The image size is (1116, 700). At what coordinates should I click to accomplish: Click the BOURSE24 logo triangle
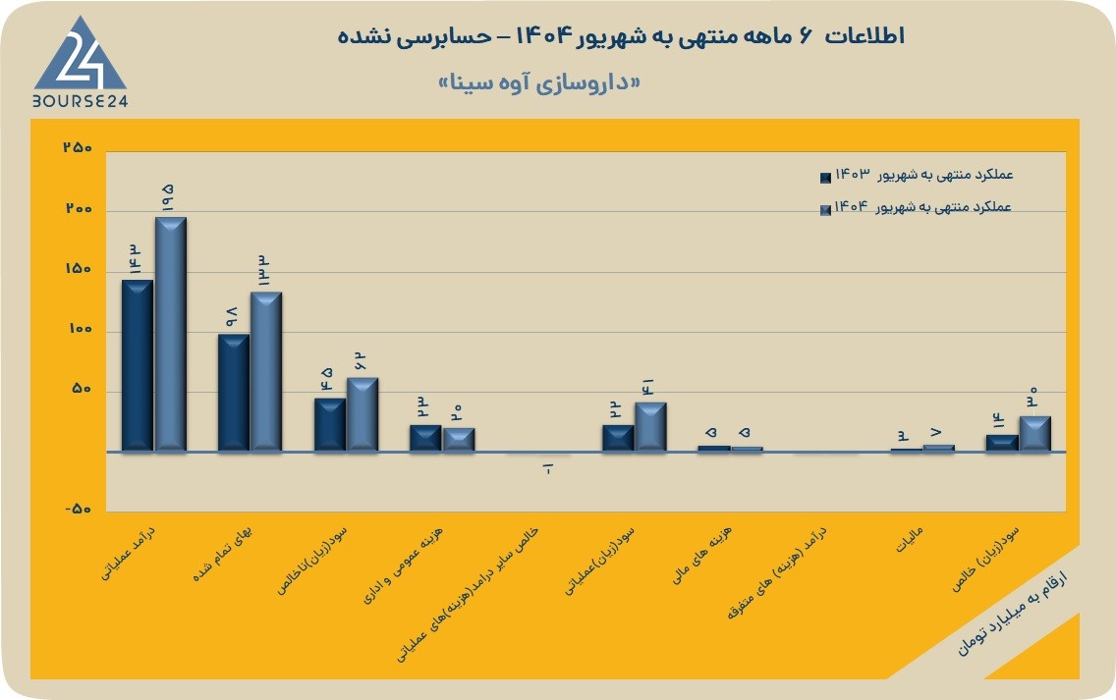[80, 56]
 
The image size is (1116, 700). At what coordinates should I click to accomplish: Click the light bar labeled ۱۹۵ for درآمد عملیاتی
[171, 334]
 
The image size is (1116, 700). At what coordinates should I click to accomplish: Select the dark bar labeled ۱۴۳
[138, 365]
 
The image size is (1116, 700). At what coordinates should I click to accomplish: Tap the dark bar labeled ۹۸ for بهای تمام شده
[234, 392]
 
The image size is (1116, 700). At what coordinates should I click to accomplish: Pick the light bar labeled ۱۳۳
[266, 371]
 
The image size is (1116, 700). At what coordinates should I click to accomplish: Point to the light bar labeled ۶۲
[363, 414]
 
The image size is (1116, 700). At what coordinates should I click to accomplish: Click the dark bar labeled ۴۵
[329, 424]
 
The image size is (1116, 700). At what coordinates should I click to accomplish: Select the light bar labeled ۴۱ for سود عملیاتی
[650, 427]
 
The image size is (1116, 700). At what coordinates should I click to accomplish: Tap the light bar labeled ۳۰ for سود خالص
[1034, 433]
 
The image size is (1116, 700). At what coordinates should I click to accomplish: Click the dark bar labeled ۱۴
[1001, 443]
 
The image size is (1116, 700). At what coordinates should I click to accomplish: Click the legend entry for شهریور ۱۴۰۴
[916, 208]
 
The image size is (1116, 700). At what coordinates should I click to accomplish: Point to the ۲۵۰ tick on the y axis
[79, 148]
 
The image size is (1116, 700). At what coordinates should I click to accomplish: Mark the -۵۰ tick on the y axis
[79, 510]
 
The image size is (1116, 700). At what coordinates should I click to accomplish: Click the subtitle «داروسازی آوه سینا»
[538, 83]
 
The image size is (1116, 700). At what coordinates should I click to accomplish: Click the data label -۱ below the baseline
[548, 469]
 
